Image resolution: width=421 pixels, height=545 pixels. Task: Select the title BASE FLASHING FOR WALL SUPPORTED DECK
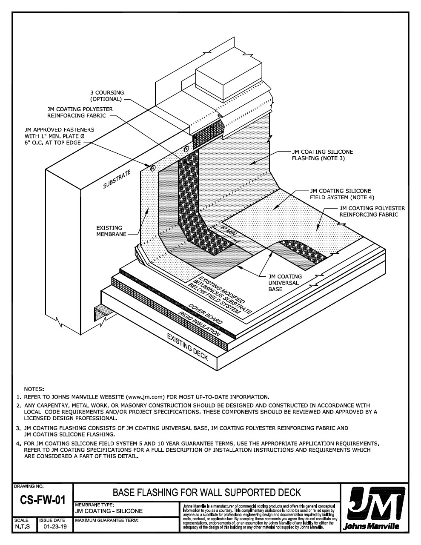click(x=206, y=493)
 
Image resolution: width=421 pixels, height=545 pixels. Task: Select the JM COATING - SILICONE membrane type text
click(x=109, y=511)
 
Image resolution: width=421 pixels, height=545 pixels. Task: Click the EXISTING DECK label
click(x=187, y=347)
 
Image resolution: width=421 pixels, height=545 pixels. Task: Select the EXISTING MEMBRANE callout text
click(x=109, y=231)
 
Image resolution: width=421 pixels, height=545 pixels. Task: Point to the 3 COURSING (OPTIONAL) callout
click(x=106, y=96)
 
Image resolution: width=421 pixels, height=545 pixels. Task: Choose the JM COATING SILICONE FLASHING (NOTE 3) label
click(x=322, y=155)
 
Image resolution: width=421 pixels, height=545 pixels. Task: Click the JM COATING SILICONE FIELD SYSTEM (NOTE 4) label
click(x=340, y=194)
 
